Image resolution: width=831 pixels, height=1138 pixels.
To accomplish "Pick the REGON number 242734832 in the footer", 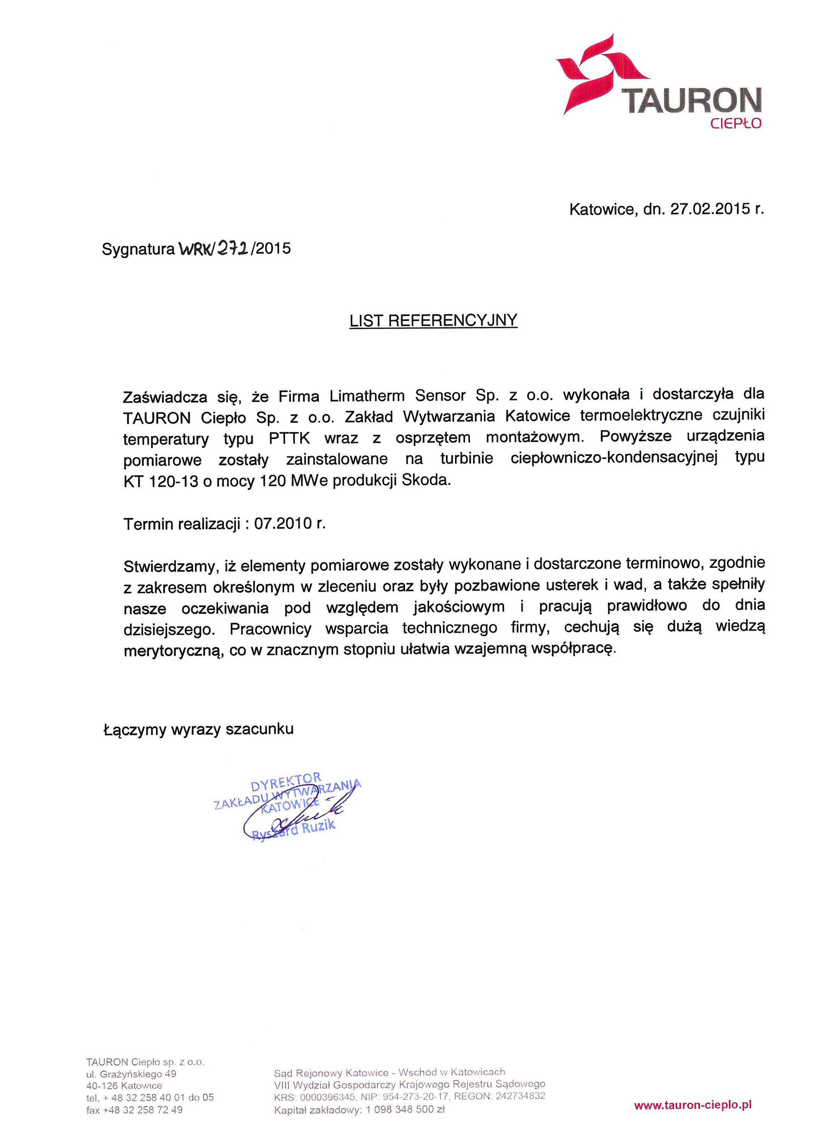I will [x=520, y=1095].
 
